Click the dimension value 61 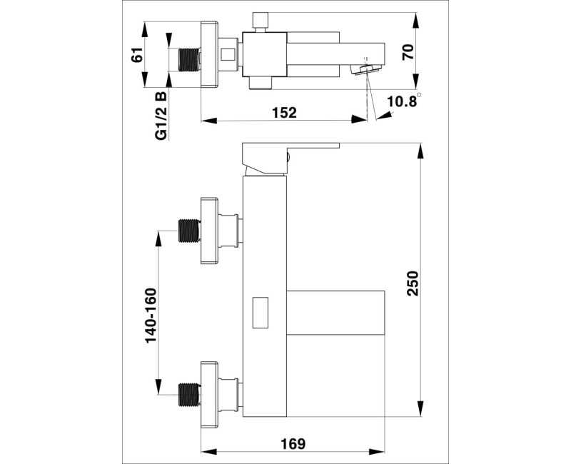click(137, 55)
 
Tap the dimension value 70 click(408, 52)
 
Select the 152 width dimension click(284, 113)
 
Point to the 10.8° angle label click(403, 101)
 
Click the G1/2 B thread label click(161, 116)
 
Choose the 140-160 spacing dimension click(151, 316)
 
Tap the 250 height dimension click(413, 283)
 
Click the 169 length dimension click(293, 443)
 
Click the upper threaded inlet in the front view click(190, 230)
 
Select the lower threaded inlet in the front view click(190, 395)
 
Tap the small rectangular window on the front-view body click(261, 313)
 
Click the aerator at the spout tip click(366, 69)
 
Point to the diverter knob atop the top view click(261, 22)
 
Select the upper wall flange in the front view click(209, 230)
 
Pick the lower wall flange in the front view click(209, 394)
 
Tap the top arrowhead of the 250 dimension click(420, 151)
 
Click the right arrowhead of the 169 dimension click(377, 452)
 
